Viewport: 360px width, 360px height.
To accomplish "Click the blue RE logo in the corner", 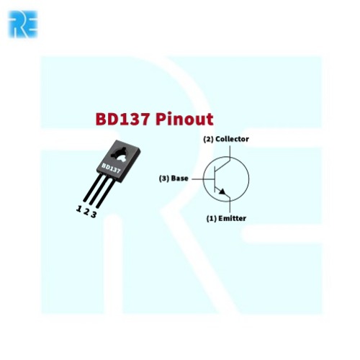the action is pyautogui.click(x=23, y=24).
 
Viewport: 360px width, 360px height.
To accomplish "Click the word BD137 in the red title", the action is pyautogui.click(x=122, y=119).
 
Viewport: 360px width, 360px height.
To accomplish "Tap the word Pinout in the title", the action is pyautogui.click(x=184, y=119).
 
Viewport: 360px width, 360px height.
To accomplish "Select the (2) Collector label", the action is pyautogui.click(x=226, y=139).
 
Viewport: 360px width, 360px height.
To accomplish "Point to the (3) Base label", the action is pyautogui.click(x=174, y=179).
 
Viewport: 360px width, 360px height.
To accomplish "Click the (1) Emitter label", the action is pyautogui.click(x=226, y=218).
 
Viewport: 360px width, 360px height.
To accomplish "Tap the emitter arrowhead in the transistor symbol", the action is pyautogui.click(x=222, y=192).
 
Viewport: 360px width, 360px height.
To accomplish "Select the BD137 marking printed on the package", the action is pyautogui.click(x=111, y=168).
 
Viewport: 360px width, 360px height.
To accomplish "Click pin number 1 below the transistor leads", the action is pyautogui.click(x=78, y=209).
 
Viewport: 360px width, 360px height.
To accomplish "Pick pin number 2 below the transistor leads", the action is pyautogui.click(x=86, y=212).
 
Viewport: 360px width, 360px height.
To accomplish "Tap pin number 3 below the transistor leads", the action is pyautogui.click(x=94, y=215).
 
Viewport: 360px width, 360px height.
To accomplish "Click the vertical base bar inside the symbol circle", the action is pyautogui.click(x=215, y=179).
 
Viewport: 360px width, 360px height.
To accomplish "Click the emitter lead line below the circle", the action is pyautogui.click(x=230, y=207).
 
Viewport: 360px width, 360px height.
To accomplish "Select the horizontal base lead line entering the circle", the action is pyautogui.click(x=203, y=179).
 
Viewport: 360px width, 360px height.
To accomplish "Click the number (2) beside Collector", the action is pyautogui.click(x=208, y=139).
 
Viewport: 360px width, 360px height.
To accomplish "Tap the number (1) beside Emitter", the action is pyautogui.click(x=212, y=219).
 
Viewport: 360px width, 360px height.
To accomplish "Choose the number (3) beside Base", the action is pyautogui.click(x=164, y=179).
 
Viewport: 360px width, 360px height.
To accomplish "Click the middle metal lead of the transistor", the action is pyautogui.click(x=99, y=189).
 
